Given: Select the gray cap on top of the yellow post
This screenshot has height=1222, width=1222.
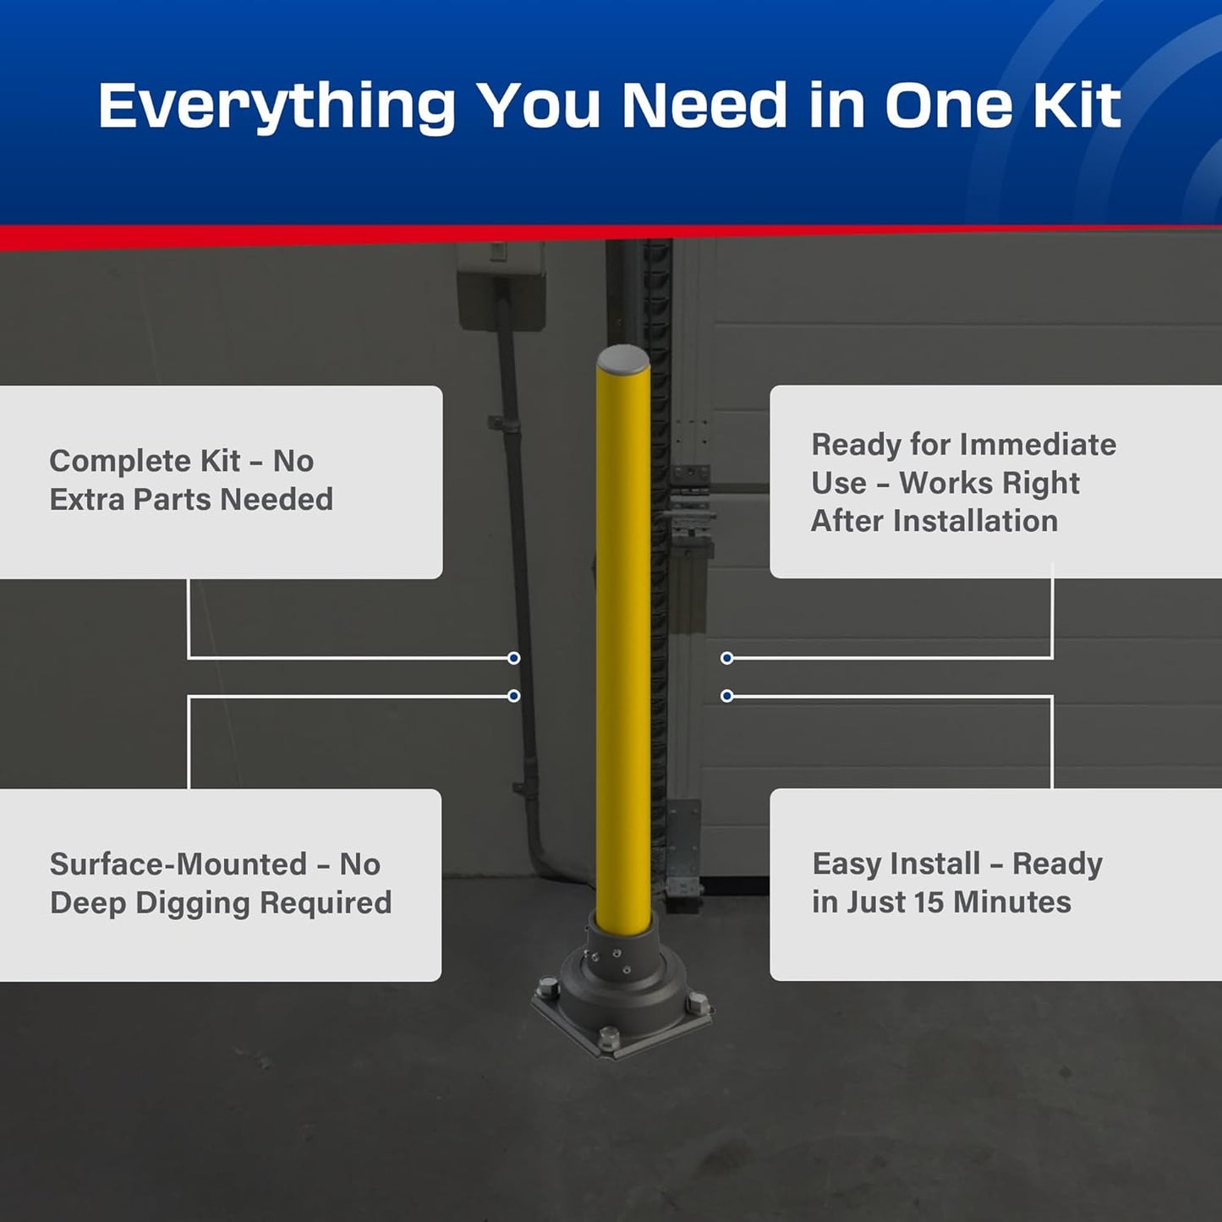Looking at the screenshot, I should click(623, 359).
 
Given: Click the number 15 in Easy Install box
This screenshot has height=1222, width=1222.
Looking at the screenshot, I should click(929, 902).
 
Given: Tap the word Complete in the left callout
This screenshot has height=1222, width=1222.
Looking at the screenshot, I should click(120, 461).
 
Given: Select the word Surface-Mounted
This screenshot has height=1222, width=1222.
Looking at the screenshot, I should click(178, 864).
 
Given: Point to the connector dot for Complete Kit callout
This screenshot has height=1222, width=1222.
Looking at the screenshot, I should click(513, 658).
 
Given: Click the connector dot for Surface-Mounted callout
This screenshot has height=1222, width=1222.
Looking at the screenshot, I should click(513, 696).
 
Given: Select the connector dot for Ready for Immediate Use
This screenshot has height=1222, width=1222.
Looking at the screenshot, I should click(726, 658).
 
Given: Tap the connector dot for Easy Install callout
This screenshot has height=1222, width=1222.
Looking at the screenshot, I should click(726, 696).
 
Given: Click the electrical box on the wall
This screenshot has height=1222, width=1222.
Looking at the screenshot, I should click(501, 286).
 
